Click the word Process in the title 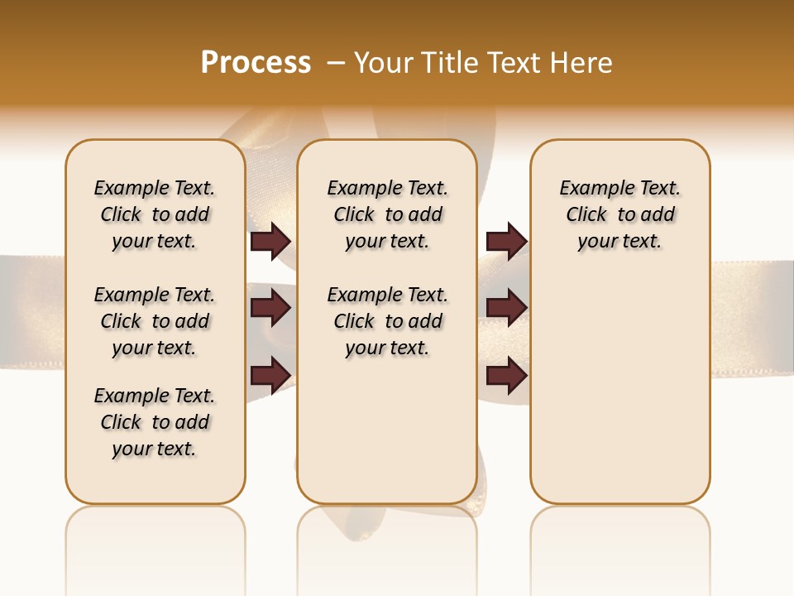[x=256, y=63]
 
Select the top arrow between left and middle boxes [x=270, y=241]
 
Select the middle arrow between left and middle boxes [x=270, y=308]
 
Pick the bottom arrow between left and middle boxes [x=270, y=374]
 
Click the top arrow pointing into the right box [x=506, y=241]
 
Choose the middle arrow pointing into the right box [x=506, y=308]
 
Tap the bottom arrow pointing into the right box [x=506, y=374]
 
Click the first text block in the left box [x=155, y=214]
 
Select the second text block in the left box [x=155, y=321]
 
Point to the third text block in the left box [x=155, y=422]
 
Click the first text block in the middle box [x=387, y=214]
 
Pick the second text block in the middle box [x=387, y=321]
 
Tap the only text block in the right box [x=619, y=214]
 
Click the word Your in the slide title [x=383, y=63]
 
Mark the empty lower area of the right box [x=619, y=389]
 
